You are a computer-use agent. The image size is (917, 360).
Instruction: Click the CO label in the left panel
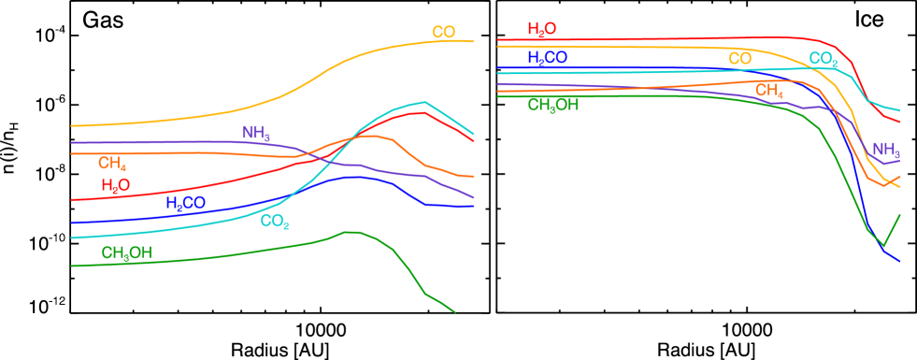(x=443, y=33)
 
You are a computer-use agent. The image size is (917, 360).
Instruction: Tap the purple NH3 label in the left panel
(x=256, y=134)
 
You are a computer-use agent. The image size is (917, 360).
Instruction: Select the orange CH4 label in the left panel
(x=112, y=164)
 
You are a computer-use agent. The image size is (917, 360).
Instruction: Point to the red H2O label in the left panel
(x=116, y=186)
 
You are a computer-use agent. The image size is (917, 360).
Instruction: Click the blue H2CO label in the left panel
(x=185, y=203)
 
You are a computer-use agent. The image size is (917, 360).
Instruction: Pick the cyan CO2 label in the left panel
(x=275, y=222)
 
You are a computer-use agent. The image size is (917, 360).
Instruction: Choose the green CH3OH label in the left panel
(x=127, y=253)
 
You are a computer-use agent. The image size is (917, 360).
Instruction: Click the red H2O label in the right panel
(x=542, y=30)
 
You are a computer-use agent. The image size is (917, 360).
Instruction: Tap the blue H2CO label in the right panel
(x=547, y=58)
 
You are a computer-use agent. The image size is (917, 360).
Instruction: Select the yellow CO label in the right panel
(x=739, y=59)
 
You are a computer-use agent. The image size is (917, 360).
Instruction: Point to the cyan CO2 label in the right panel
(x=823, y=60)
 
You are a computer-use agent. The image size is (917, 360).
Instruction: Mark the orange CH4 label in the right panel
(x=769, y=91)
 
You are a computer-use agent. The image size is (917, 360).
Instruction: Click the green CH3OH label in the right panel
(x=553, y=105)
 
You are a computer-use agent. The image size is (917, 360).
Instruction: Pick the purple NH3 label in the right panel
(x=886, y=150)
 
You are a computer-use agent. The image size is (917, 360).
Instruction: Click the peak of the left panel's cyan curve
(x=424, y=102)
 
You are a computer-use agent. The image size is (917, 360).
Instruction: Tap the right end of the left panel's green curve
(x=455, y=311)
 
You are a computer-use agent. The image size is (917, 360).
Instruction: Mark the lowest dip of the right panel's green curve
(x=883, y=246)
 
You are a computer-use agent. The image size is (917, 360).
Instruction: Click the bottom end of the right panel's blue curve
(x=900, y=262)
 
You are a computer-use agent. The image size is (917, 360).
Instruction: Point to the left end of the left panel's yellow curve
(x=72, y=125)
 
